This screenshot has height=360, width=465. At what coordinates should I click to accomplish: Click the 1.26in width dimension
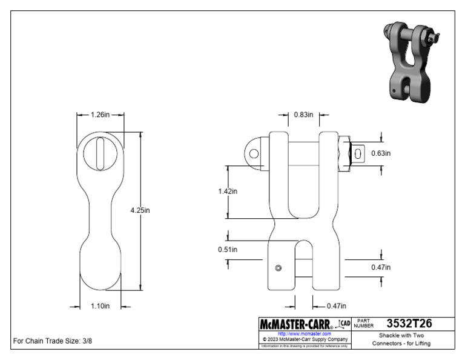click(x=100, y=115)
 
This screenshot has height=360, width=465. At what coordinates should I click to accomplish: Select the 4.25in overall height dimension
click(x=140, y=210)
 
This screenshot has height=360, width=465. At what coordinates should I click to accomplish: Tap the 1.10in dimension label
click(x=100, y=307)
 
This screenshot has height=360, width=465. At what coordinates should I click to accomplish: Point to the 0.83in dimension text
click(x=303, y=115)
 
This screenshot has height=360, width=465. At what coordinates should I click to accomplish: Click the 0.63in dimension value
click(x=381, y=153)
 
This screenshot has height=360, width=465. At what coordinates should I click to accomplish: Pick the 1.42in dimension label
click(x=228, y=191)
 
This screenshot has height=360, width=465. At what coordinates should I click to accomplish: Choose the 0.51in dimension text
click(x=228, y=249)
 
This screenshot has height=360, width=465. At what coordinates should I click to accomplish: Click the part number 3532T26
click(x=409, y=324)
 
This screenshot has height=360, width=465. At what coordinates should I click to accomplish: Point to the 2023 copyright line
click(x=304, y=339)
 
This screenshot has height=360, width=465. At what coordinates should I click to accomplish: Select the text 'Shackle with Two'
click(x=401, y=335)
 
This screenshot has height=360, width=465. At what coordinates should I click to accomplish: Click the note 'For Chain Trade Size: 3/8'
click(x=53, y=341)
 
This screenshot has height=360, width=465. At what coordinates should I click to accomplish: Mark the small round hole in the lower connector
click(x=278, y=268)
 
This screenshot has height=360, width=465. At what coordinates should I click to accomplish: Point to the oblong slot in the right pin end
click(x=358, y=153)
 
